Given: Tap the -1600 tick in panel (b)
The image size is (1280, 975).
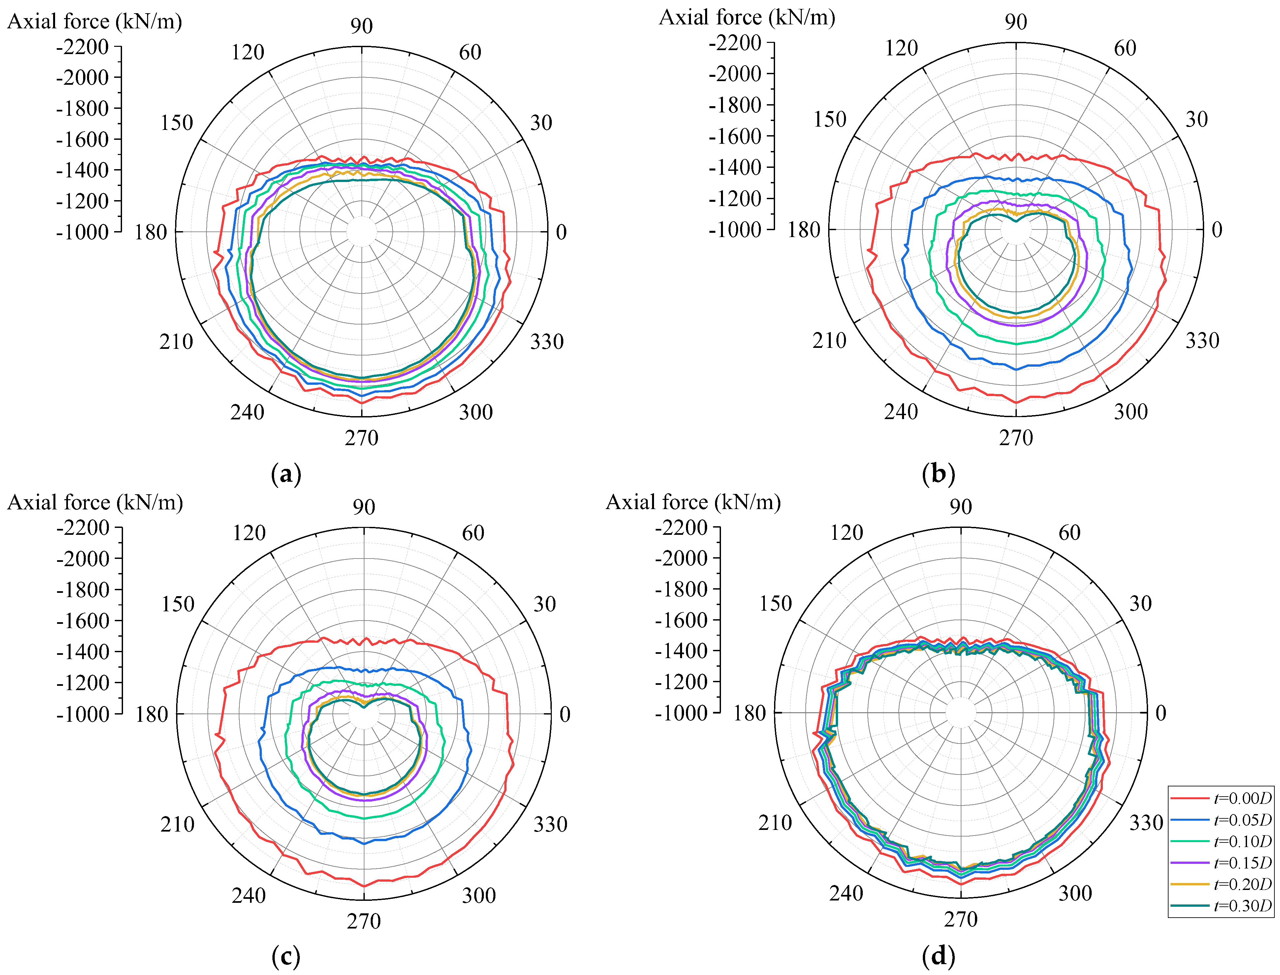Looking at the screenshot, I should [735, 137].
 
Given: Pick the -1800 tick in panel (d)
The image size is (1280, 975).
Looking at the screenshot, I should [681, 589].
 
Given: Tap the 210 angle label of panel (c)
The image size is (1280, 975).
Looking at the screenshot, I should [177, 824].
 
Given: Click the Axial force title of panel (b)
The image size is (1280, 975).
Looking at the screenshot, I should [747, 17].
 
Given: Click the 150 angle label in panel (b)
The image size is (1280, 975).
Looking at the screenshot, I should [830, 120].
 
